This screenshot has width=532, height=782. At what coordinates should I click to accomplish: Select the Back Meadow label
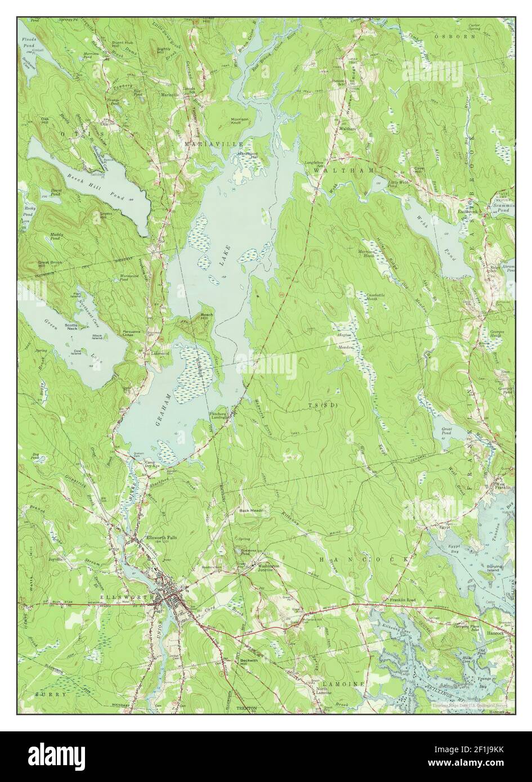[252, 511]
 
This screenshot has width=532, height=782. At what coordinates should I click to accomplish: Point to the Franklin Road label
[402, 601]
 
